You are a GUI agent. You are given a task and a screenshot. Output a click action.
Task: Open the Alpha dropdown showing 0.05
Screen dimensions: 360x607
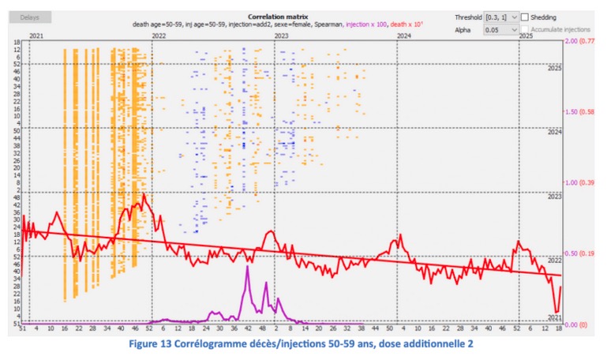point(500,29)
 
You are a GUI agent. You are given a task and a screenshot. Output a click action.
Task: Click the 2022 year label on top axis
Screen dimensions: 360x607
point(159,36)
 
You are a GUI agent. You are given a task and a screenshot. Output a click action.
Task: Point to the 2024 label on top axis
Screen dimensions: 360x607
point(403,36)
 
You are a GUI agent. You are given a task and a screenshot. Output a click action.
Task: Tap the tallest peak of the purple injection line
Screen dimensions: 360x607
point(247,268)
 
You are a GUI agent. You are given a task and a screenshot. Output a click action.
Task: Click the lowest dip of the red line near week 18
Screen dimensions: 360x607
point(556,313)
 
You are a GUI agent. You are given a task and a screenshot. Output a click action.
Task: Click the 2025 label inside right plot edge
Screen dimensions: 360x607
point(554,69)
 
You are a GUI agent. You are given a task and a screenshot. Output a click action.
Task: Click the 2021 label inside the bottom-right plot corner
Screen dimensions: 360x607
point(554,317)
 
